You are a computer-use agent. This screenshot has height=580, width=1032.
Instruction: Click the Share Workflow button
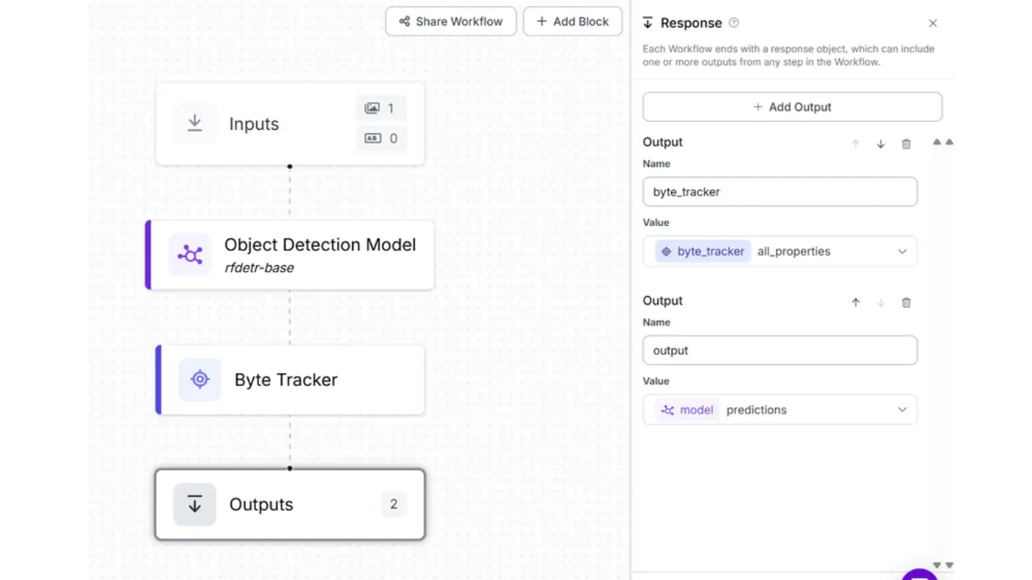coord(450,22)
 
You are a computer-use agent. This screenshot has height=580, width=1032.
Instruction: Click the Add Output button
coord(792,107)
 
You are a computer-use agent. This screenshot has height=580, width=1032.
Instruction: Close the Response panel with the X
coord(932,23)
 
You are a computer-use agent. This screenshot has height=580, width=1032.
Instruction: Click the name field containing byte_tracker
coord(780,192)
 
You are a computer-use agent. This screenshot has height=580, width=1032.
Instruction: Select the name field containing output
coord(780,350)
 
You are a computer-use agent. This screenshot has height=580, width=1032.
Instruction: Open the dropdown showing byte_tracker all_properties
coord(780,251)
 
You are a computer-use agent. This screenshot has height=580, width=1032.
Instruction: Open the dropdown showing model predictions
coord(780,409)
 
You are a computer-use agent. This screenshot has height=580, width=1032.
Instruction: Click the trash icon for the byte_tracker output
coord(906,144)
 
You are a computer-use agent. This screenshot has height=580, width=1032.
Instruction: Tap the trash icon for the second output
coord(906,303)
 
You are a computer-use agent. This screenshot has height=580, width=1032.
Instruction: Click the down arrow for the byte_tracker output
coord(880,144)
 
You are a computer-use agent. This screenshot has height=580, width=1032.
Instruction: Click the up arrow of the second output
coord(855,303)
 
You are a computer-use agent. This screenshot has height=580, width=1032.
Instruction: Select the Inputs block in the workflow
coord(290,124)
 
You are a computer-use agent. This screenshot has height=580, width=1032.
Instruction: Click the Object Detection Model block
coord(290,255)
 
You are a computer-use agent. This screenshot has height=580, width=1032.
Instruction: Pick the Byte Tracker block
coord(290,380)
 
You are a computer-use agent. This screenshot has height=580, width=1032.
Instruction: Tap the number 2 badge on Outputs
coord(394,504)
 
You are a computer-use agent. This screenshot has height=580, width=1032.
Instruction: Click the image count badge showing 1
coord(381,108)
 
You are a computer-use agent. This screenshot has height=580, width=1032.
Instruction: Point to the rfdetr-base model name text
coord(259,268)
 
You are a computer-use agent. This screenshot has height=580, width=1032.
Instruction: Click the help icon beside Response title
coord(734,23)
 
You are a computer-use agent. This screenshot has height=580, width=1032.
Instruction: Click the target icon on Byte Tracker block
coord(200,380)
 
